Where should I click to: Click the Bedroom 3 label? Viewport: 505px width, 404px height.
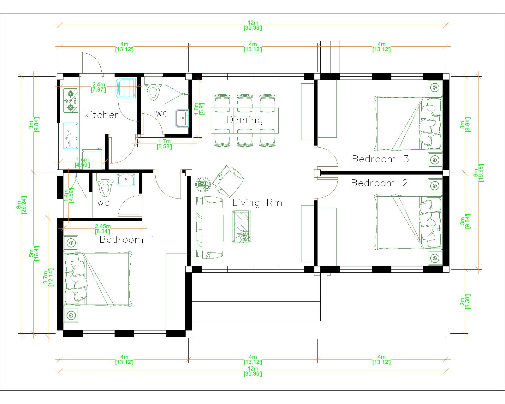[380, 159]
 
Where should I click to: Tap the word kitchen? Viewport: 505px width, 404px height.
[102, 115]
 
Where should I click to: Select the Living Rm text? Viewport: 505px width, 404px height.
[257, 203]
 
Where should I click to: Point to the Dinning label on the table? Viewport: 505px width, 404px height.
[245, 120]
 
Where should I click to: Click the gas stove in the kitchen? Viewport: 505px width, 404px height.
[71, 101]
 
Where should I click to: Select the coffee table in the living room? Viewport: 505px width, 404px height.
[241, 227]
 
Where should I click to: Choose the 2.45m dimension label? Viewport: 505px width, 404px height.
[103, 229]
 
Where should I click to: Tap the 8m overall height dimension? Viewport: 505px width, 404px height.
[21, 205]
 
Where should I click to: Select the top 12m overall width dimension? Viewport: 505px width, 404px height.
[253, 25]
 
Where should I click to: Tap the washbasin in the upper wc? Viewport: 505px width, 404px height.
[182, 118]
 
